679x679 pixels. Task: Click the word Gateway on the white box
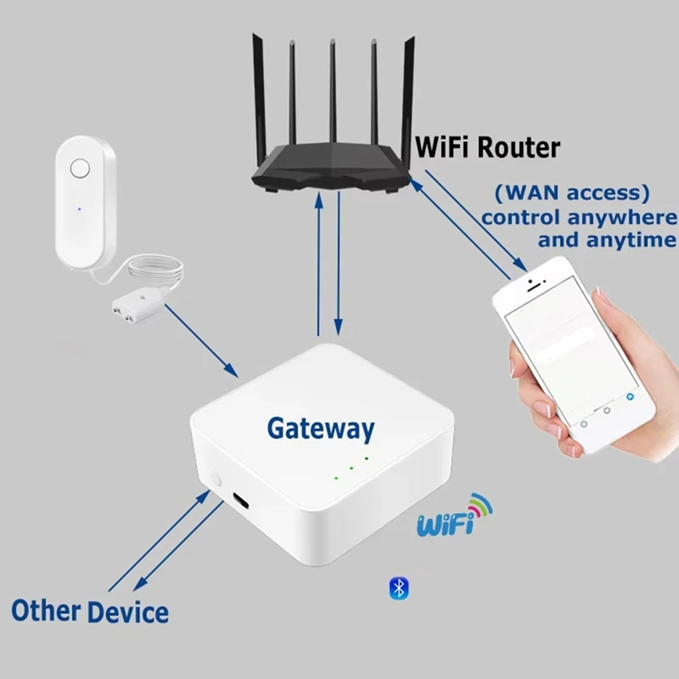click(320, 428)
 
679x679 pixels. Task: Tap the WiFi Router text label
click(487, 147)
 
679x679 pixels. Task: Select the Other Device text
click(89, 610)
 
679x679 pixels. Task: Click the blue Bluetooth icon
click(398, 587)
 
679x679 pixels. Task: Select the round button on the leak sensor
click(80, 168)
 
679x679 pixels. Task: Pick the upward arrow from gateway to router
click(318, 263)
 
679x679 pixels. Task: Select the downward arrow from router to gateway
click(339, 263)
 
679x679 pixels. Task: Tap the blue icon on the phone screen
click(629, 396)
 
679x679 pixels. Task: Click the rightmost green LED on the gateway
click(367, 458)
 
